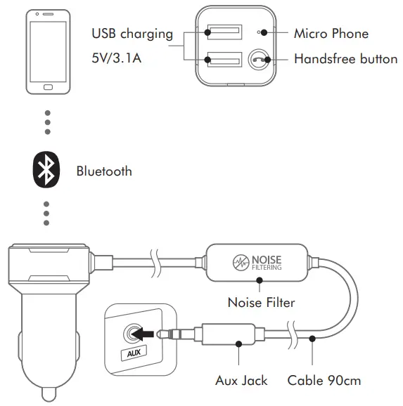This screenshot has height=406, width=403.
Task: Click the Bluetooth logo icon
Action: (x=47, y=169)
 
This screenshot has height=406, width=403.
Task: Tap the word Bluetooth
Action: (x=103, y=171)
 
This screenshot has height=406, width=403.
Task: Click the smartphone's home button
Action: (x=47, y=88)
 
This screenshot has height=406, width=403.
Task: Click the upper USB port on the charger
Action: (x=222, y=32)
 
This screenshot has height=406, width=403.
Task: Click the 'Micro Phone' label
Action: (x=331, y=33)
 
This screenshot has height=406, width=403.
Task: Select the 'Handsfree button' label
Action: (x=345, y=59)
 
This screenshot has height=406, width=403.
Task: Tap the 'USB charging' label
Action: (x=132, y=34)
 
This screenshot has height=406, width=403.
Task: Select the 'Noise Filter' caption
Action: (x=260, y=303)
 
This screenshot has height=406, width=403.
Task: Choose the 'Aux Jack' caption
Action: (x=241, y=381)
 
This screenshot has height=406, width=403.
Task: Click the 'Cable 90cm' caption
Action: (x=324, y=381)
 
